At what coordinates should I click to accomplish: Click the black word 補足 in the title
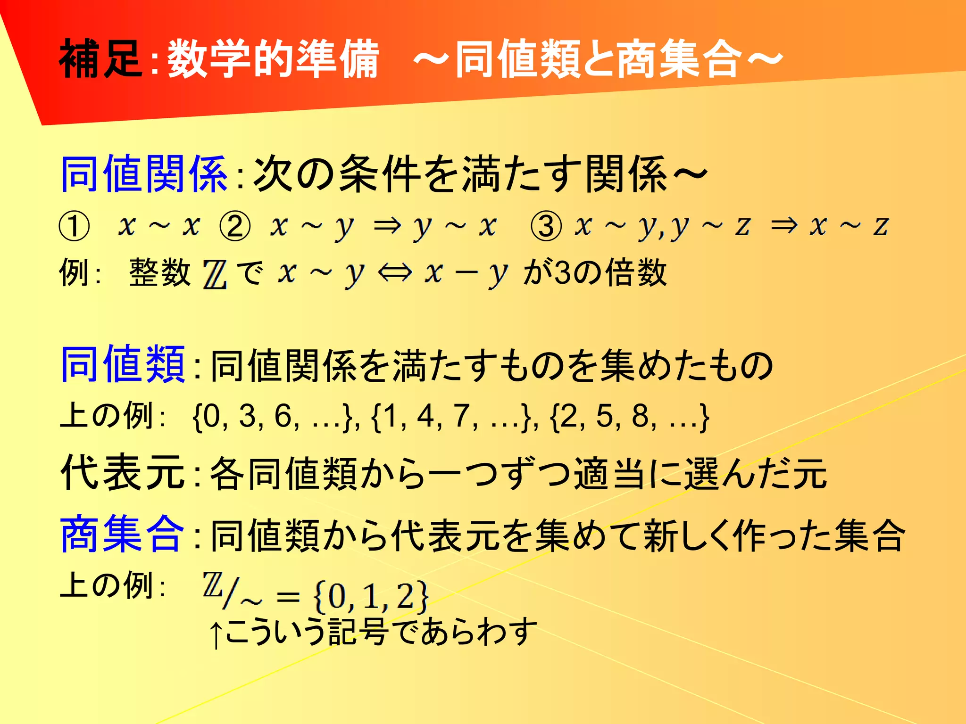[x=100, y=58]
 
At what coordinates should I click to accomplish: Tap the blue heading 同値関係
[x=144, y=174]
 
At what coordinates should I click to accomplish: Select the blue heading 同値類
[x=123, y=364]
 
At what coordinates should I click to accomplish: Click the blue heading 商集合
[x=122, y=534]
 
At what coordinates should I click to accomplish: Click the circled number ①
[x=74, y=226]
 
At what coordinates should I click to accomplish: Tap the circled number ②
[x=235, y=226]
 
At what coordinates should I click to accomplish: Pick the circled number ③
[x=546, y=226]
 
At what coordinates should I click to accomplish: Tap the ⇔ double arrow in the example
[x=395, y=273]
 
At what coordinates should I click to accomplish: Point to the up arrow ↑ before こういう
[x=216, y=634]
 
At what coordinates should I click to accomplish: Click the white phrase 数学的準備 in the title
[x=274, y=58]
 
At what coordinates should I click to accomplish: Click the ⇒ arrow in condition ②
[x=387, y=226]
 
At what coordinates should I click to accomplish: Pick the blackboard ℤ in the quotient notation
[x=212, y=585]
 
